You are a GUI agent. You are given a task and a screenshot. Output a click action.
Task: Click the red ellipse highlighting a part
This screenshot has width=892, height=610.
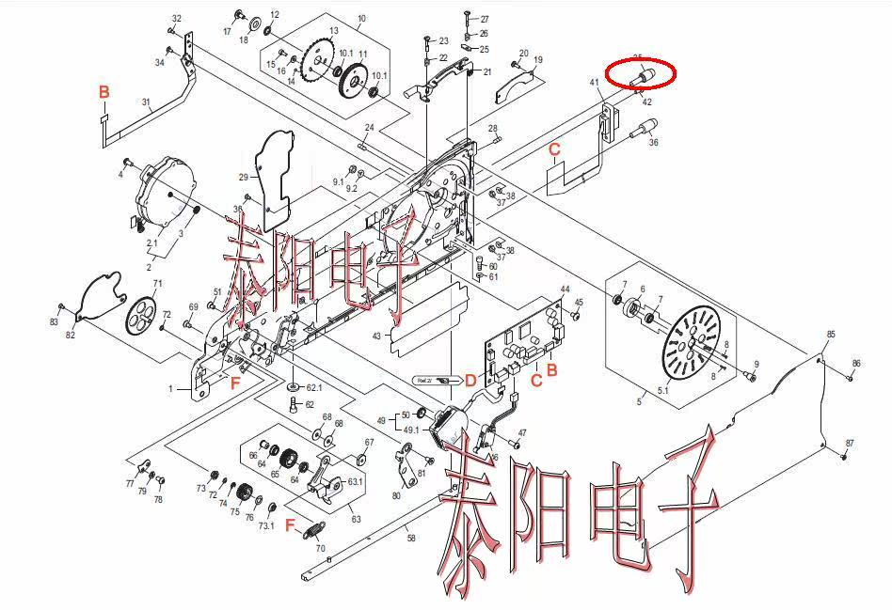click(x=640, y=73)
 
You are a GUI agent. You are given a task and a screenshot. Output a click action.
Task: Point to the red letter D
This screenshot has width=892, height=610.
click(x=470, y=381)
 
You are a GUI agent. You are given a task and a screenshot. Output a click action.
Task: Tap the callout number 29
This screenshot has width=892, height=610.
click(x=242, y=178)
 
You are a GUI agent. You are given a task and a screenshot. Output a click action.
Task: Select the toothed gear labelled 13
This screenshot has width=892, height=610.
click(x=318, y=62)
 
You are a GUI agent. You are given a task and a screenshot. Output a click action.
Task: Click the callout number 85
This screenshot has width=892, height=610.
click(x=831, y=335)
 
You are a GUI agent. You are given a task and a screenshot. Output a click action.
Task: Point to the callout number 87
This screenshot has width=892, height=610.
click(x=850, y=443)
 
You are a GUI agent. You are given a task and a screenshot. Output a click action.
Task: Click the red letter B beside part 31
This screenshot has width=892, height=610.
click(x=104, y=91)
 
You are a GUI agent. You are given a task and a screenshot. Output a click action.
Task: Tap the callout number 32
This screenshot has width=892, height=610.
click(x=177, y=19)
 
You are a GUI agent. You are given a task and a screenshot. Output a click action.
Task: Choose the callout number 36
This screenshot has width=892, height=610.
click(x=653, y=143)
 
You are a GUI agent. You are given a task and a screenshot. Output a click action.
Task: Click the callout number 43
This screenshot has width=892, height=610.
click(x=376, y=336)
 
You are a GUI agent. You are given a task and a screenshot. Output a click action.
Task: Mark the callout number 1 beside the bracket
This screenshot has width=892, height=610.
click(x=170, y=388)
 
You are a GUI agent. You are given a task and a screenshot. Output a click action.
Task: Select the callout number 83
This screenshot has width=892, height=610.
click(x=54, y=322)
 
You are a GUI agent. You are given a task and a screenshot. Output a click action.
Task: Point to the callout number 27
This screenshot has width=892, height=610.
click(x=484, y=20)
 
